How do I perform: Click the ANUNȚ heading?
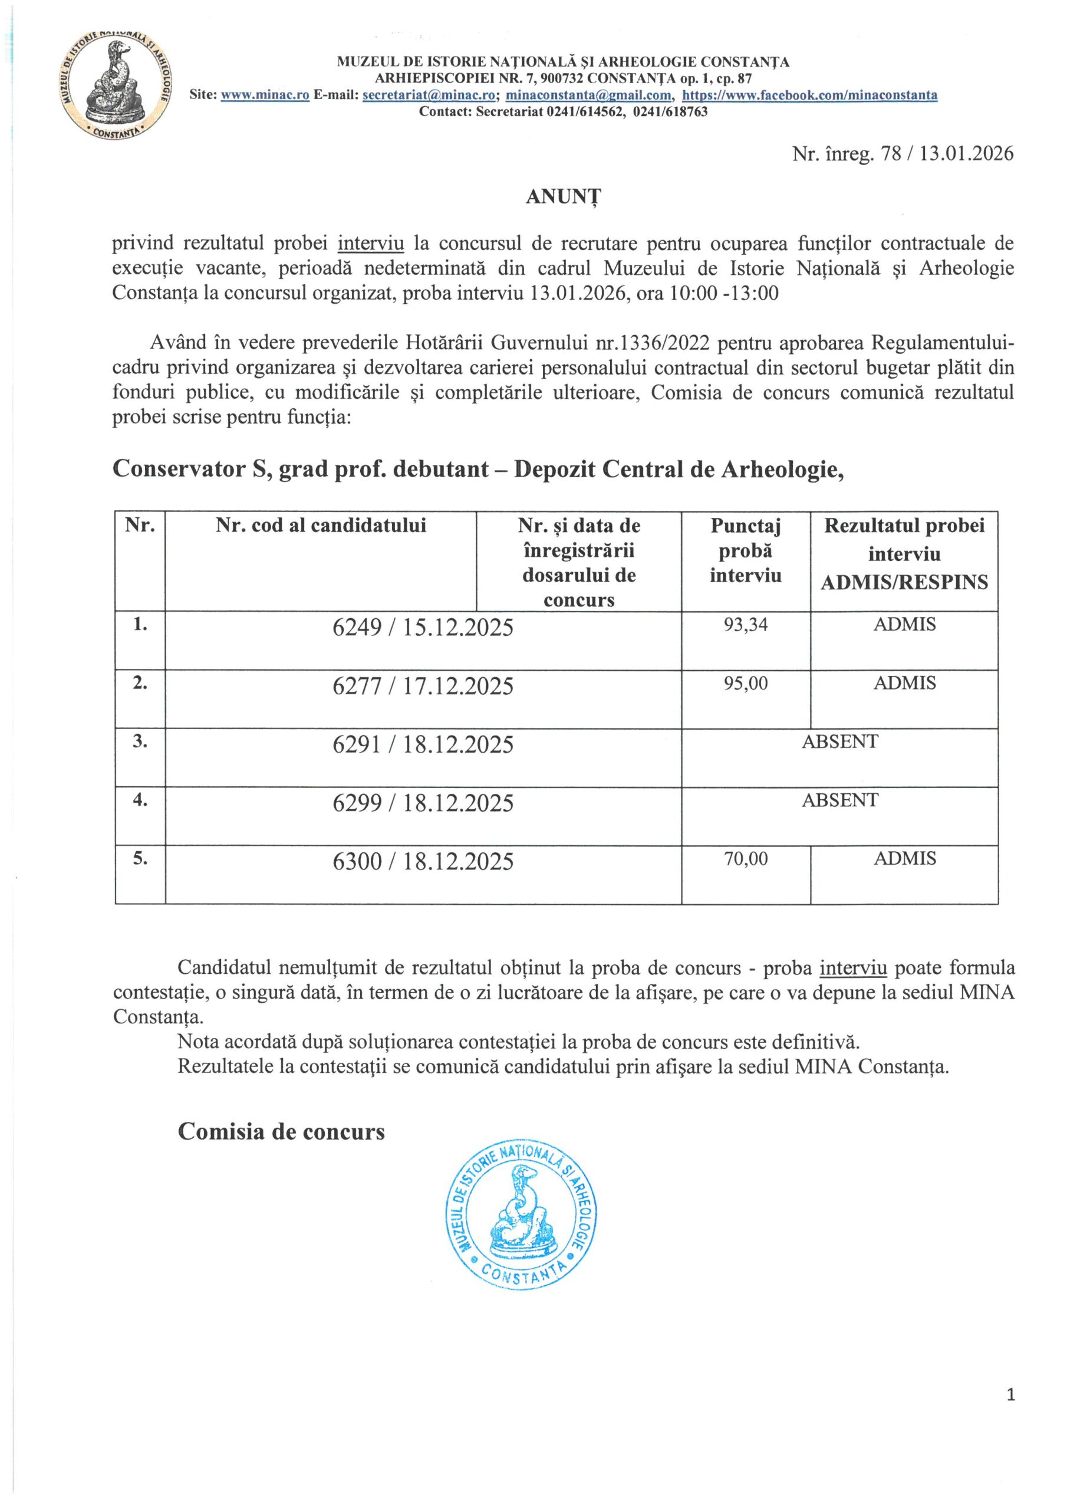[x=564, y=197]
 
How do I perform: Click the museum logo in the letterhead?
[x=116, y=86]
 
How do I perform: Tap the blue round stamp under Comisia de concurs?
[x=522, y=1214]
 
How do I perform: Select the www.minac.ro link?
[x=265, y=96]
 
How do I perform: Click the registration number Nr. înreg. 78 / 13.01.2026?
[x=903, y=154]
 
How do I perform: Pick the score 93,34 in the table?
[x=746, y=625]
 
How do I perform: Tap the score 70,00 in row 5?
[x=746, y=859]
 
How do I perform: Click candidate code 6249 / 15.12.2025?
[x=423, y=628]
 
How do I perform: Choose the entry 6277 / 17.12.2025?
[x=423, y=687]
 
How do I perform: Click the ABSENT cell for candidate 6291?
[x=839, y=742]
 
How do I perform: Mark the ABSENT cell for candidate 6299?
[x=839, y=800]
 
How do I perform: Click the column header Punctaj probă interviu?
[x=746, y=551]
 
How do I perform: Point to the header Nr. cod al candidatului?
[x=321, y=526]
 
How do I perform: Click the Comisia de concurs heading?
[x=281, y=1131]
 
